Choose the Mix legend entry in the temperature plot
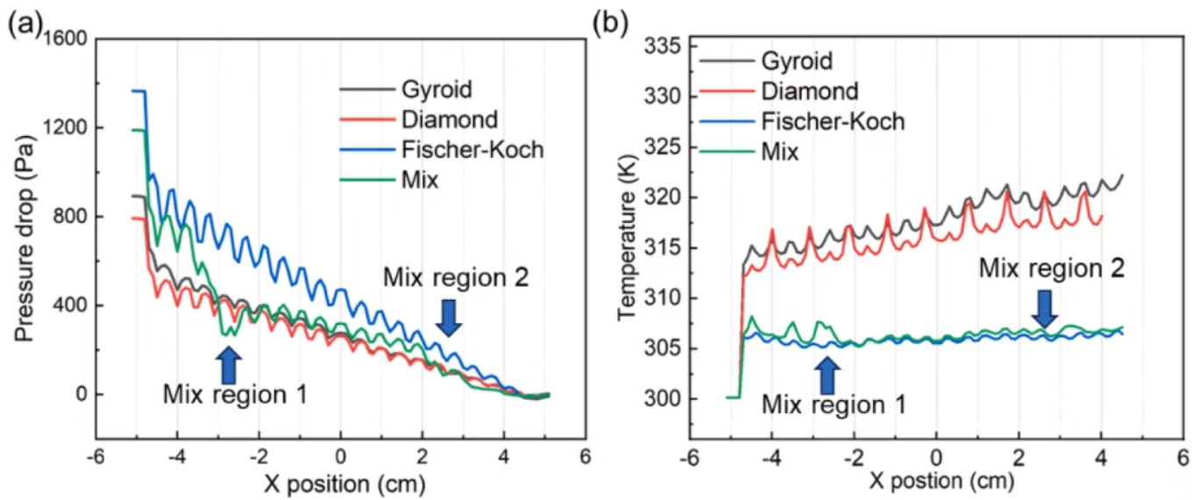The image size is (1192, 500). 780,152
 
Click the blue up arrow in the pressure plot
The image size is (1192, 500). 229,363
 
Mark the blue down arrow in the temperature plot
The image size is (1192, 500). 1044,307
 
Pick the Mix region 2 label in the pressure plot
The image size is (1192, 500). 456,279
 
